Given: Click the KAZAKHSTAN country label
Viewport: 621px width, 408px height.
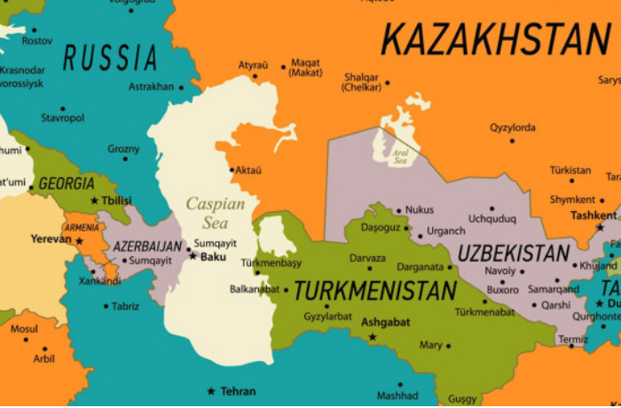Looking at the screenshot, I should pyautogui.click(x=496, y=40).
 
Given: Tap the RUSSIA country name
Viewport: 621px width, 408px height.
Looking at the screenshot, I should pyautogui.click(x=110, y=58).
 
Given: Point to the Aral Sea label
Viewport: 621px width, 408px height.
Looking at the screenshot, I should pyautogui.click(x=400, y=157).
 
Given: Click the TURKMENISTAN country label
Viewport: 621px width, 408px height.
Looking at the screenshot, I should pyautogui.click(x=375, y=291).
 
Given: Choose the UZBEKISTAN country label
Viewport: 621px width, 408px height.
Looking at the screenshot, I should pyautogui.click(x=514, y=253).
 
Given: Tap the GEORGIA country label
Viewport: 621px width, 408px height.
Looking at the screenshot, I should pyautogui.click(x=66, y=184).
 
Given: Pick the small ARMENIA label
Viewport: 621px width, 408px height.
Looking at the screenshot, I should pyautogui.click(x=82, y=228).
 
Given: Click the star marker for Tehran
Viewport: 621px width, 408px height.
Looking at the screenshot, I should pyautogui.click(x=211, y=391).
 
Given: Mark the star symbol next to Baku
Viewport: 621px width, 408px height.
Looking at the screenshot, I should pyautogui.click(x=193, y=256).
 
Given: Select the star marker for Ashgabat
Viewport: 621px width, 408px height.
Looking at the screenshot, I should pyautogui.click(x=373, y=336).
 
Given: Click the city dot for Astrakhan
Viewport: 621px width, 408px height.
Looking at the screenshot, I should pyautogui.click(x=181, y=87).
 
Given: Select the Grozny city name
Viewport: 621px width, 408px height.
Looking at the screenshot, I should pyautogui.click(x=123, y=148).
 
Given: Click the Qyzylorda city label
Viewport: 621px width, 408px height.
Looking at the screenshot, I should pyautogui.click(x=512, y=128).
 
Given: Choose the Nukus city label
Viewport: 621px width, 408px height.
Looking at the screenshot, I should pyautogui.click(x=420, y=210).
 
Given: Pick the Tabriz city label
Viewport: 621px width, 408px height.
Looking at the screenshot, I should pyautogui.click(x=125, y=306).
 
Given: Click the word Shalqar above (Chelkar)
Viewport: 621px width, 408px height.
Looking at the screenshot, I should pyautogui.click(x=360, y=76).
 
